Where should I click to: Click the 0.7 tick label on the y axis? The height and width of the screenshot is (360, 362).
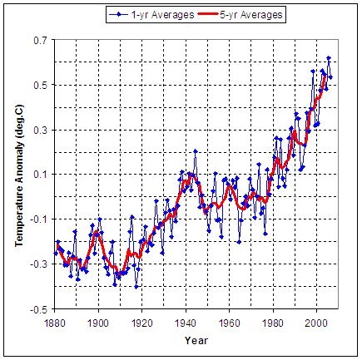pyautogui.click(x=42, y=41)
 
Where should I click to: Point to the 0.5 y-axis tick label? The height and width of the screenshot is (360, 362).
pyautogui.click(x=42, y=85)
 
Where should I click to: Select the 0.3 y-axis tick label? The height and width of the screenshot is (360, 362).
pyautogui.click(x=42, y=130)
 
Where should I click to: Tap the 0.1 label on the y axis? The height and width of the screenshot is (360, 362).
pyautogui.click(x=42, y=175)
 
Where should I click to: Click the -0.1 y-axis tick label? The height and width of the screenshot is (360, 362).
pyautogui.click(x=40, y=219)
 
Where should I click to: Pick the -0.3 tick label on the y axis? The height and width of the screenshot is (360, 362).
pyautogui.click(x=40, y=264)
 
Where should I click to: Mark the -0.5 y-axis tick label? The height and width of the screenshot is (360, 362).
pyautogui.click(x=40, y=310)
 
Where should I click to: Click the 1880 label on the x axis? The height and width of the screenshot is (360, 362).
pyautogui.click(x=55, y=323)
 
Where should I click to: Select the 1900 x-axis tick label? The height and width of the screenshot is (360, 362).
pyautogui.click(x=98, y=323)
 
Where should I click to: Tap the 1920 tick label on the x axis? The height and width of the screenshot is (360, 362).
pyautogui.click(x=141, y=323)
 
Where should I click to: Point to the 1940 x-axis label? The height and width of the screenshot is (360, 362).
pyautogui.click(x=186, y=323)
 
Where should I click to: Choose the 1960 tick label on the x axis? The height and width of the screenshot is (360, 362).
pyautogui.click(x=229, y=323)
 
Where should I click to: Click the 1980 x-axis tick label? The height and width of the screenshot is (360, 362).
pyautogui.click(x=273, y=323)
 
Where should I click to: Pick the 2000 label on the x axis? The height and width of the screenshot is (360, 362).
pyautogui.click(x=316, y=323)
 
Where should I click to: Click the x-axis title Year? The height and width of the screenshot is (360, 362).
pyautogui.click(x=196, y=340)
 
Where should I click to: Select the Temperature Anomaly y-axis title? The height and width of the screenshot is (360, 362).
pyautogui.click(x=19, y=175)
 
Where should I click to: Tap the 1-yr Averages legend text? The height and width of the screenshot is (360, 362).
pyautogui.click(x=162, y=15)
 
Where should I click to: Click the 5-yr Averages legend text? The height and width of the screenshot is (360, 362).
pyautogui.click(x=251, y=15)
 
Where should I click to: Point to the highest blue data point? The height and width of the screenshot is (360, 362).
pyautogui.click(x=329, y=58)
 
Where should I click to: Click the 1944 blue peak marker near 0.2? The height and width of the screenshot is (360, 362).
pyautogui.click(x=196, y=151)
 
